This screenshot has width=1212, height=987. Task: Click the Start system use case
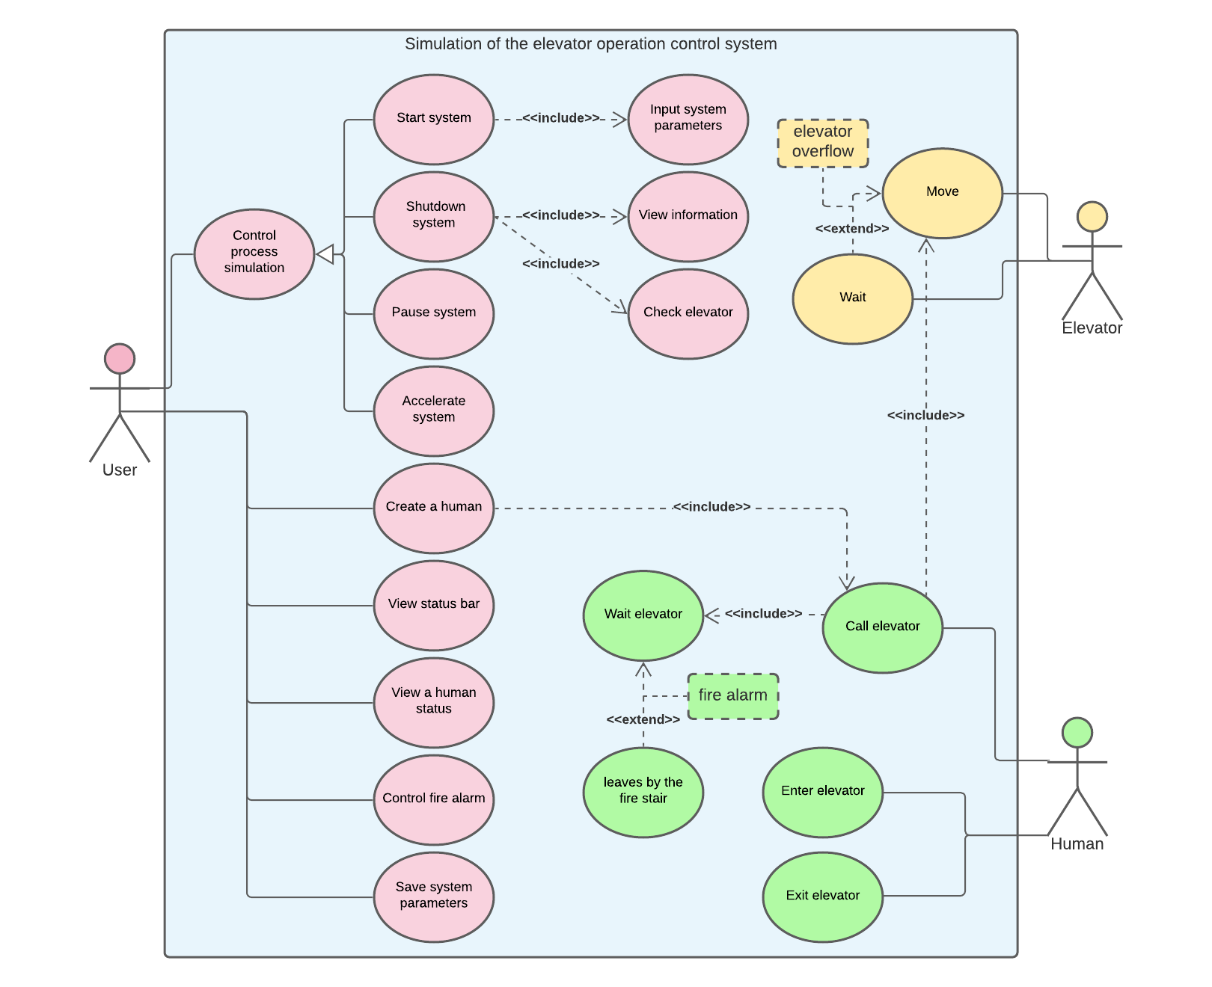434,119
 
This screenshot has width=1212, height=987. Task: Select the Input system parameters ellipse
688,119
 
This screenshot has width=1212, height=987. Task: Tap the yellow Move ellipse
942,193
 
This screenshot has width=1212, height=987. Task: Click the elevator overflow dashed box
822,142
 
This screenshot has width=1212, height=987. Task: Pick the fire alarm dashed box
732,695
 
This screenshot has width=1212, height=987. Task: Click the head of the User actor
120,359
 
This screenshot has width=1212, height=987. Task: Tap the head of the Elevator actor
1092,217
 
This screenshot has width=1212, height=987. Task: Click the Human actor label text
1077,843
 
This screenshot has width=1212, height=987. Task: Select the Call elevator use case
882,627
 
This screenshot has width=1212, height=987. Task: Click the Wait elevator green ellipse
643,615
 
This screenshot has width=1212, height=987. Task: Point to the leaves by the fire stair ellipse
643,792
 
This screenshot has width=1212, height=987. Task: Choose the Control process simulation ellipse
254,253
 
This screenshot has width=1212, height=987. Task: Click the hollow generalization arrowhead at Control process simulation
325,254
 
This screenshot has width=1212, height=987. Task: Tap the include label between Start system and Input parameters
561,118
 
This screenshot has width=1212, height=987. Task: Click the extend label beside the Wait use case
852,229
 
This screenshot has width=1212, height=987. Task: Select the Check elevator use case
688,313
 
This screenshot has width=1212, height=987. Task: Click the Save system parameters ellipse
434,897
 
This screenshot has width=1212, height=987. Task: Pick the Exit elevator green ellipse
822,897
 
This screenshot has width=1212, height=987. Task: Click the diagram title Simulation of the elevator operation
590,44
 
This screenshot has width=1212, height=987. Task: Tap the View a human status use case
434,702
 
